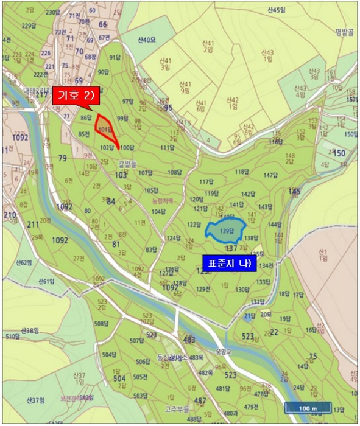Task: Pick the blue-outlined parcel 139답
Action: (226, 231)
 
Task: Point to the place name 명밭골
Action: (344, 33)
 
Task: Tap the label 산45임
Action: (277, 10)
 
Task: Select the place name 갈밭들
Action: (127, 162)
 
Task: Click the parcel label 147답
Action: (270, 175)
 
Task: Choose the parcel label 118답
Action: (241, 172)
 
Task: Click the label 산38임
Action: (29, 330)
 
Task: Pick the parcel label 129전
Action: (203, 288)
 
